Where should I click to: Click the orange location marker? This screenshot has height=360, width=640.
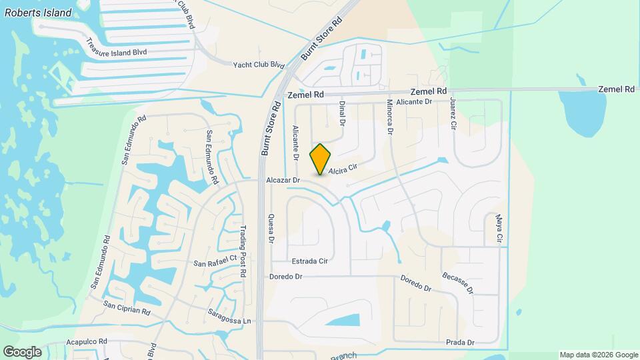click(321, 159)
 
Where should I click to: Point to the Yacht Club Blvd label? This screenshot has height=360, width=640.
click(259, 65)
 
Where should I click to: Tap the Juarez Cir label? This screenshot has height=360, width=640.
click(453, 114)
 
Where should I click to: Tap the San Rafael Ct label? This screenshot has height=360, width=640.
click(215, 261)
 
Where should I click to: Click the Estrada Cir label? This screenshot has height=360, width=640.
click(309, 261)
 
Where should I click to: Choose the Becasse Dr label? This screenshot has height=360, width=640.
click(457, 282)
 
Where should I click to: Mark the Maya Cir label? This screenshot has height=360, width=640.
click(498, 229)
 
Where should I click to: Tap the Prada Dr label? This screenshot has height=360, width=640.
click(461, 343)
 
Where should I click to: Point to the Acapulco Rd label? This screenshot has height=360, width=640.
click(87, 341)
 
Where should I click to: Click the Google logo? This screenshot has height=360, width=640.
click(22, 351)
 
